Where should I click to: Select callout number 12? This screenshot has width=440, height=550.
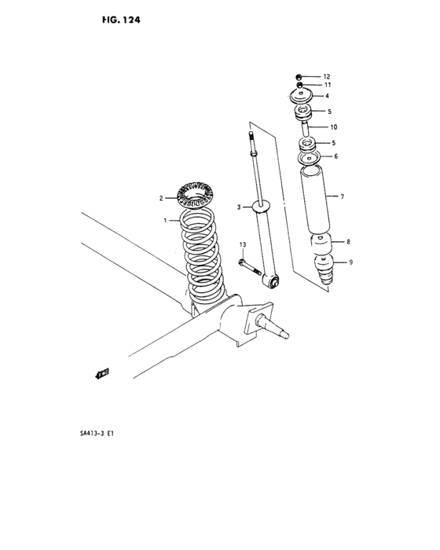click(x=326, y=76)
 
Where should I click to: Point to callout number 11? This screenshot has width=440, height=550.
click(x=326, y=85)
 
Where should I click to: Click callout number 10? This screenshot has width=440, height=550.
click(x=333, y=126)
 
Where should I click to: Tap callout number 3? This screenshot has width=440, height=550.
click(x=238, y=207)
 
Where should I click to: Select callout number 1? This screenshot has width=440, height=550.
click(x=166, y=221)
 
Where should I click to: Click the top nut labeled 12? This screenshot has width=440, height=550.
click(x=300, y=76)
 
